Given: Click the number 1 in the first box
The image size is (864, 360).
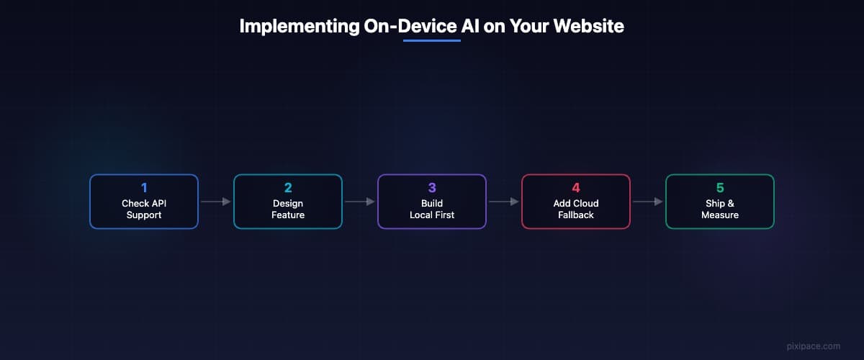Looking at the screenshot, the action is click(x=144, y=188).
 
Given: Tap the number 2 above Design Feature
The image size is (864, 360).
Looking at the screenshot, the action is click(x=288, y=188).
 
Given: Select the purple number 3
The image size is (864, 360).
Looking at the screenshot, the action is click(x=432, y=188).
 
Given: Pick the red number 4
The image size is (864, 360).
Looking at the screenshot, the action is click(x=576, y=188).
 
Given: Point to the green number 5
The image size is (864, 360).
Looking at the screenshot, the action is click(x=720, y=188).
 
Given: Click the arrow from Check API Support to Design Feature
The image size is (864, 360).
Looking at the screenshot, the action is click(x=215, y=202).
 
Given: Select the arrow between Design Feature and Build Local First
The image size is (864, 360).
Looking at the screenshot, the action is click(x=359, y=202).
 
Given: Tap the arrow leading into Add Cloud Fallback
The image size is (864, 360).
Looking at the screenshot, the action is click(x=504, y=202).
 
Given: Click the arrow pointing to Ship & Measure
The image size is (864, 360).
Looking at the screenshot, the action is click(x=647, y=202).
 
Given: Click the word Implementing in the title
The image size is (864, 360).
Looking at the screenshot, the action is click(x=300, y=27).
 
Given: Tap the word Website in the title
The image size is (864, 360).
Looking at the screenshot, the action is click(x=589, y=26).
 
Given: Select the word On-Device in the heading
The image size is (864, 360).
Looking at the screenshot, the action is click(x=410, y=26).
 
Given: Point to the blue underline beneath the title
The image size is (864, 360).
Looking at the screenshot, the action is click(x=431, y=40).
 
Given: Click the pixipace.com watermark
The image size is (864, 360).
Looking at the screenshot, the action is click(x=814, y=346).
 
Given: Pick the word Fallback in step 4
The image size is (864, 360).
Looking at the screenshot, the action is click(x=576, y=215).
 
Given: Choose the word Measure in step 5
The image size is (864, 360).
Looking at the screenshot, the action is click(x=720, y=215).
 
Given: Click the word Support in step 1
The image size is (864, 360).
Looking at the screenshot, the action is click(x=144, y=215).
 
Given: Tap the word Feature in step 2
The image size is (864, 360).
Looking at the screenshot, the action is click(x=288, y=215).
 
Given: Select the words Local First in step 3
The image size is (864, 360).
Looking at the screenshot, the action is click(x=432, y=215).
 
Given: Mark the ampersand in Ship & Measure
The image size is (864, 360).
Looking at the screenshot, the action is click(x=731, y=203).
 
